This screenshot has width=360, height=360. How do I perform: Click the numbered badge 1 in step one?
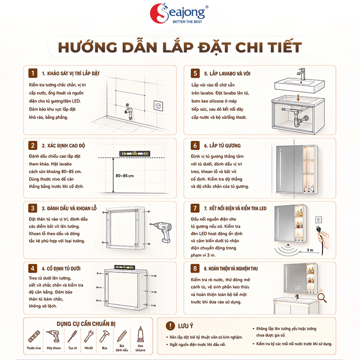[x=33, y=73]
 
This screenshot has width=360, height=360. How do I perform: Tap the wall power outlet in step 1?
[x=158, y=106]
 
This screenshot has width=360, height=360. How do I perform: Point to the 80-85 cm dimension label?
[x=125, y=176]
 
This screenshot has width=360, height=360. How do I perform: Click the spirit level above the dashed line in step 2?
[x=135, y=153]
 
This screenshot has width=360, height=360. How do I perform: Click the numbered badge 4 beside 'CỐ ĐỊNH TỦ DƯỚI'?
[x=33, y=268]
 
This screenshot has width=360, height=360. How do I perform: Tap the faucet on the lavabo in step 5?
[x=302, y=74]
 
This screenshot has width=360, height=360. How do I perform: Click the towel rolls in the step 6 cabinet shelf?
[x=309, y=188]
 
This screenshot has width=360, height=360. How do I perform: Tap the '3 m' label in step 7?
[x=310, y=250]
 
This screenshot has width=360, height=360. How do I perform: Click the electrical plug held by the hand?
[x=319, y=230]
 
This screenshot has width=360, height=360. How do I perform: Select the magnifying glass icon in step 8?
[x=322, y=298]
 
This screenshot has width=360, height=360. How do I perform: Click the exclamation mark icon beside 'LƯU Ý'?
[x=170, y=326]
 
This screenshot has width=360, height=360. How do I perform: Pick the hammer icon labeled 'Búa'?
[x=104, y=336]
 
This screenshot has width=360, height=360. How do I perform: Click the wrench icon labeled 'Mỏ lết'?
[x=89, y=336]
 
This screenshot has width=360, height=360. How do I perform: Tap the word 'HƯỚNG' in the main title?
[x=88, y=47]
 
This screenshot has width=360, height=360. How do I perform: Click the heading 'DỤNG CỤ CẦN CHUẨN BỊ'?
[x=86, y=324]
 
